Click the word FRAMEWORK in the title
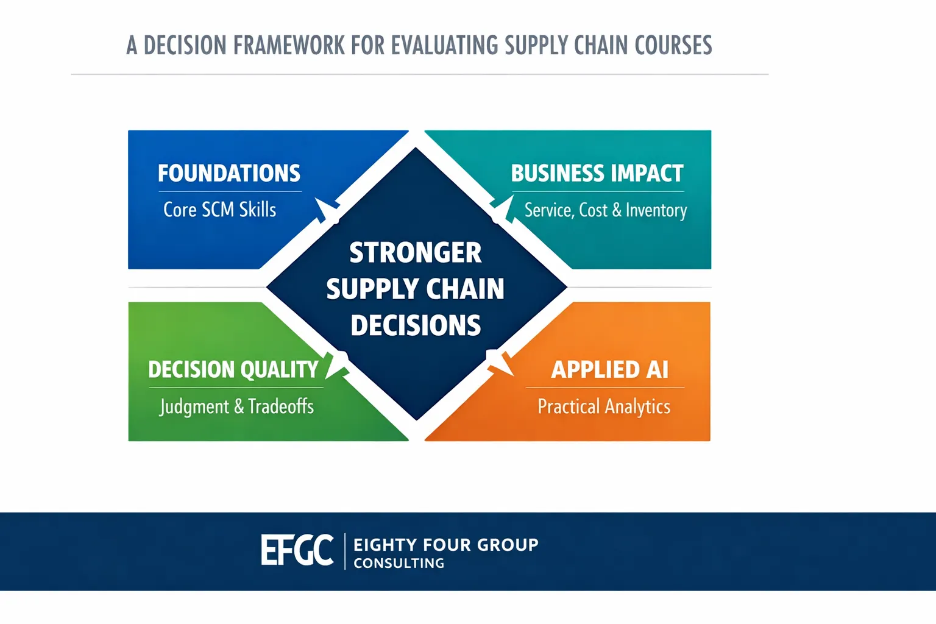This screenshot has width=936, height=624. (289, 45)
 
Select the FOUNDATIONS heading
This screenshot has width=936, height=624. (229, 173)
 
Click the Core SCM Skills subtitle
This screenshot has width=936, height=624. (220, 210)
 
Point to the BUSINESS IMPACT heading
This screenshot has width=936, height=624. (597, 173)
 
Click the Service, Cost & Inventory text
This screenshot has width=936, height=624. (606, 210)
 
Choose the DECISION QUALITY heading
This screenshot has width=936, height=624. (233, 369)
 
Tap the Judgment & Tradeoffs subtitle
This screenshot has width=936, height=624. (236, 406)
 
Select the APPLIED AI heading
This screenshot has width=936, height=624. (609, 369)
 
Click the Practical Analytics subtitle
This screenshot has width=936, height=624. (604, 406)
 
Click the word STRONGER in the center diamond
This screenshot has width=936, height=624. (416, 252)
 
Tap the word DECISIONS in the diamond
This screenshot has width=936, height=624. (416, 325)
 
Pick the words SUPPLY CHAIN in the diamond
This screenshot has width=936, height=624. (416, 289)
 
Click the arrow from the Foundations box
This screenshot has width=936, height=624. (327, 211)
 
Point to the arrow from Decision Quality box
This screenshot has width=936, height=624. (337, 365)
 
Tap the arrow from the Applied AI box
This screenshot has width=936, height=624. (500, 363)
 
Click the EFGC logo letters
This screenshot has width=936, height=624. (297, 550)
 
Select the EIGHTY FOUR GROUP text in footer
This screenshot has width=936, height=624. (446, 545)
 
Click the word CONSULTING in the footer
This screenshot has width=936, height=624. (399, 564)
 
